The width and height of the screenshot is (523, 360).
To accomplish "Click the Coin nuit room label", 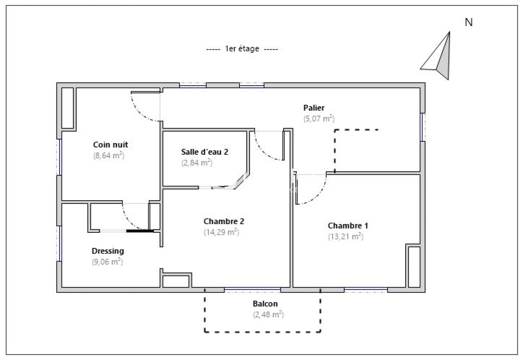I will pyautogui.click(x=110, y=145).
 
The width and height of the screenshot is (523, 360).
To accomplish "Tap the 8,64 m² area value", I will pyautogui.click(x=109, y=156).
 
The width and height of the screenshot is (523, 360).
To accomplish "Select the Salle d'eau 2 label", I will pyautogui.click(x=205, y=152).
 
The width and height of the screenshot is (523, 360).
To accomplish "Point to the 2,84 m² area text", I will pyautogui.click(x=197, y=163).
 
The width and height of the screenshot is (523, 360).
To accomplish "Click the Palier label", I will pyautogui.click(x=314, y=108).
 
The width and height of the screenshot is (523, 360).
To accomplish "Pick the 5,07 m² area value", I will pyautogui.click(x=319, y=119).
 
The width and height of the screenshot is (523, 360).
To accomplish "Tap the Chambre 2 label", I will pyautogui.click(x=224, y=221).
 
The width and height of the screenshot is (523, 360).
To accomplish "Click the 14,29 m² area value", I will pyautogui.click(x=222, y=232).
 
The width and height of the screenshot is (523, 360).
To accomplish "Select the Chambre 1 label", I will pyautogui.click(x=348, y=226).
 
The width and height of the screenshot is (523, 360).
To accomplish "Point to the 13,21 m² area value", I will pyautogui.click(x=346, y=237).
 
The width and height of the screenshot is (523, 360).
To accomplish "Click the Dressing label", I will pyautogui.click(x=108, y=251).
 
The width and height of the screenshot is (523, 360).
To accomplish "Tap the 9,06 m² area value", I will pyautogui.click(x=107, y=262).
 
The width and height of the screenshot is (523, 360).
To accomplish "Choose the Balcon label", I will pyautogui.click(x=265, y=304).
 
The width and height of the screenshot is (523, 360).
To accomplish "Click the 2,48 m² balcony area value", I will pyautogui.click(x=268, y=315).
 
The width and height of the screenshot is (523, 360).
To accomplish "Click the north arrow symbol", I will pyautogui.click(x=440, y=58).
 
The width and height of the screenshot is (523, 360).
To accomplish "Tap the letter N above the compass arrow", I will pyautogui.click(x=469, y=22).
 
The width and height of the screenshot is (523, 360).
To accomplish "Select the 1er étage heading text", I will pyautogui.click(x=242, y=49).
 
